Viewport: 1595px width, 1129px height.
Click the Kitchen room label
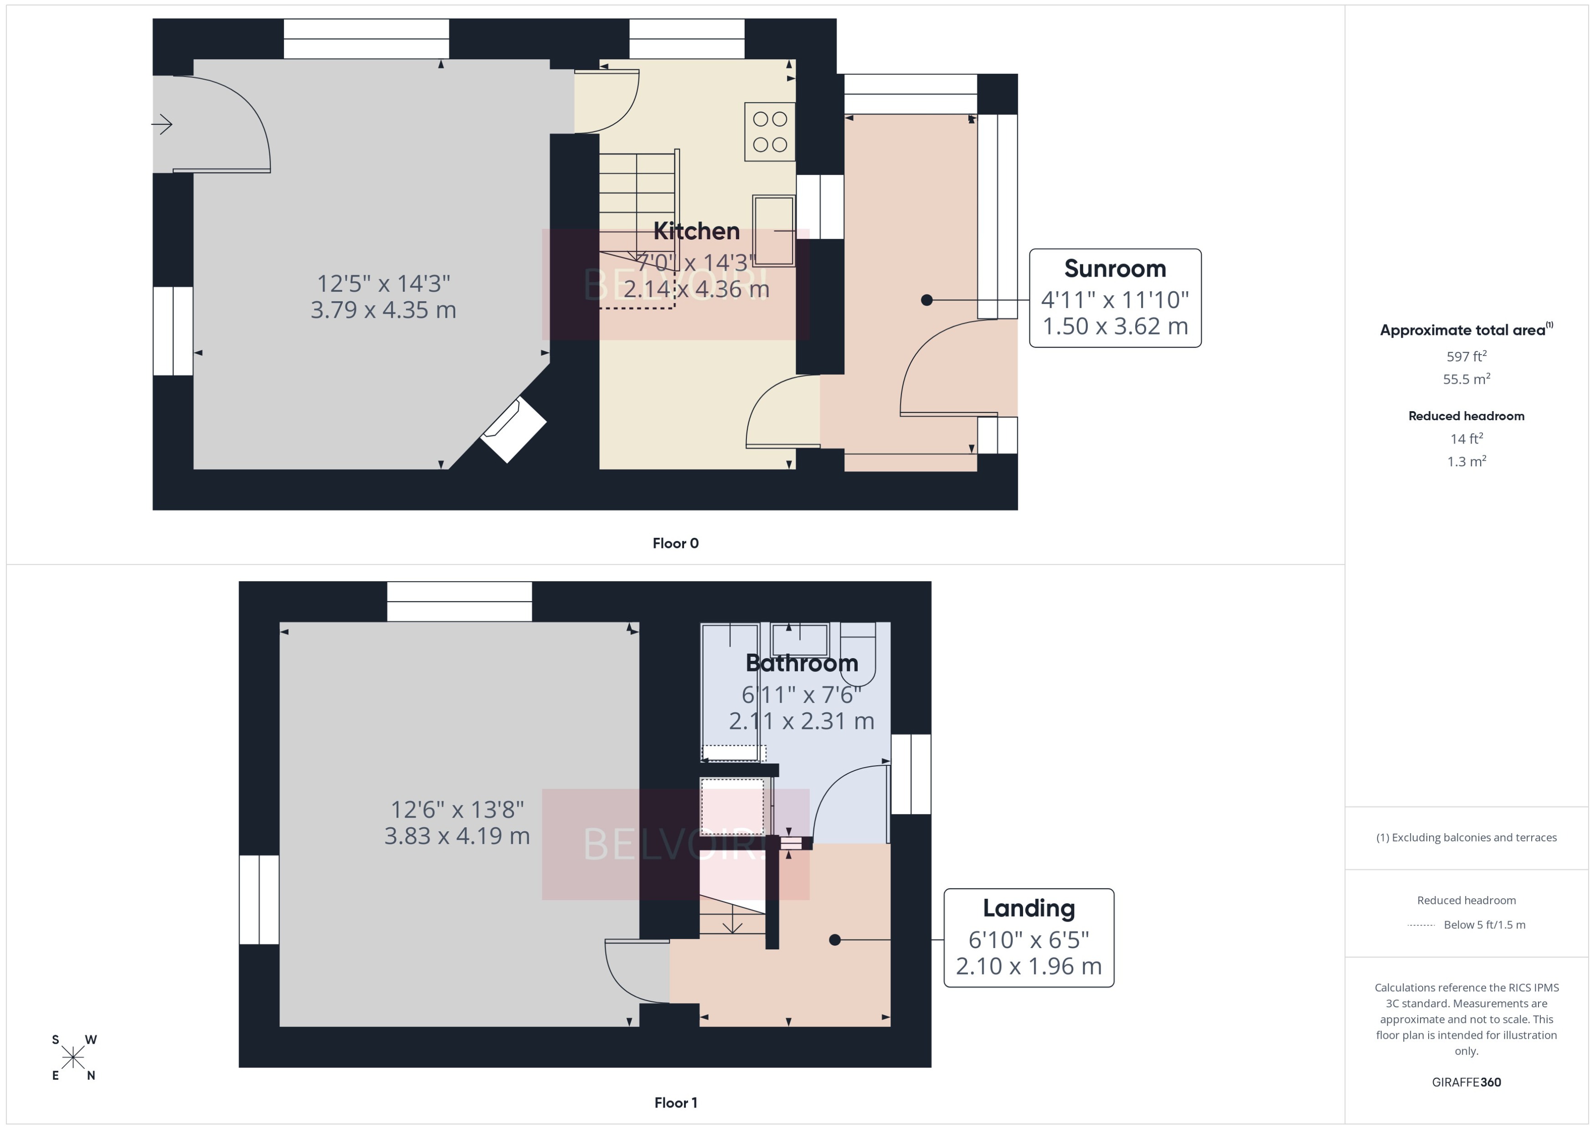pyautogui.click(x=696, y=231)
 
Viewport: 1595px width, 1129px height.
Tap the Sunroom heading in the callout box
pyautogui.click(x=1115, y=268)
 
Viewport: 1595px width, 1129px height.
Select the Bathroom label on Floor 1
pyautogui.click(x=801, y=663)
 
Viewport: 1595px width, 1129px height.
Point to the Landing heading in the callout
pyautogui.click(x=1029, y=908)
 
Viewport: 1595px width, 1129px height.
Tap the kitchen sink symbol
pyautogui.click(x=773, y=230)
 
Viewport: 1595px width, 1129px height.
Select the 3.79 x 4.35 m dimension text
pyautogui.click(x=383, y=310)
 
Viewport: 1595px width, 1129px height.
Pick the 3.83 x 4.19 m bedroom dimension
pyautogui.click(x=457, y=835)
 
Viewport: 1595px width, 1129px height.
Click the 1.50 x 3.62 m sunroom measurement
pyautogui.click(x=1115, y=326)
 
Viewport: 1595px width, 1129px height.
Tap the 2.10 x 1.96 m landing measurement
pyautogui.click(x=1029, y=966)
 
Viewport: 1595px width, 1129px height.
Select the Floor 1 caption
pyautogui.click(x=675, y=1103)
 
